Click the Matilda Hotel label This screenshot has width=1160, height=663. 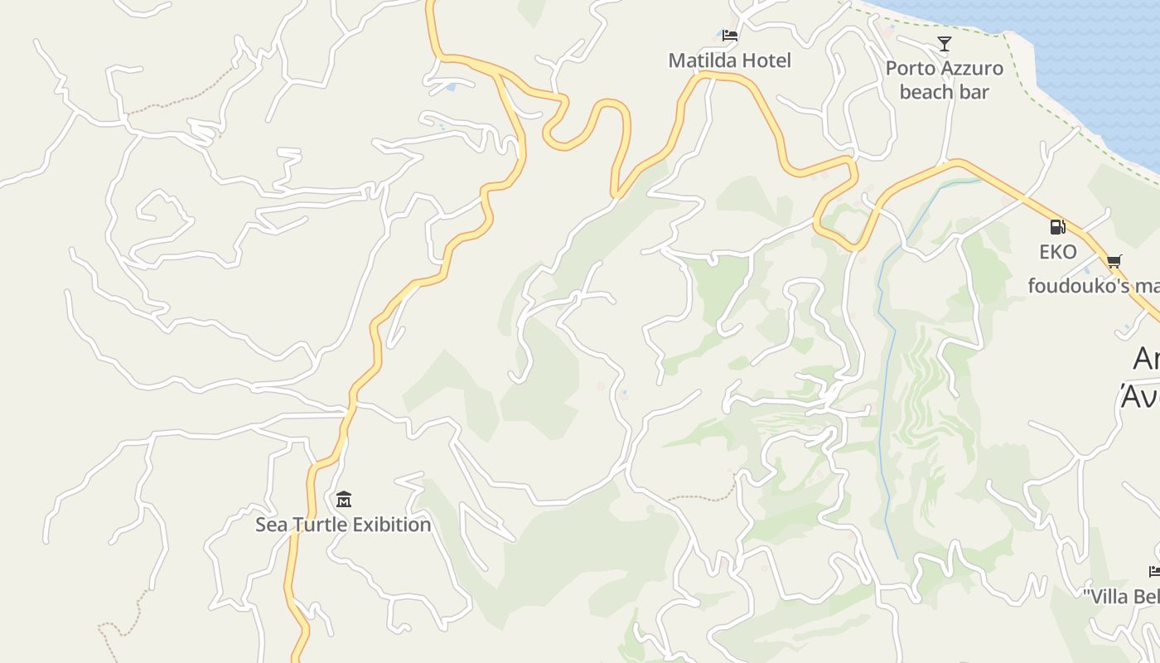click(x=729, y=60)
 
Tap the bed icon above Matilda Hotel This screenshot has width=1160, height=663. click(x=729, y=36)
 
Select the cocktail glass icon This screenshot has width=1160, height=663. click(x=944, y=44)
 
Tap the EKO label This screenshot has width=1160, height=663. click(x=1058, y=252)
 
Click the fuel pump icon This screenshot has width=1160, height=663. click(x=1057, y=226)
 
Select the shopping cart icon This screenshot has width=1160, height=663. click(x=1114, y=262)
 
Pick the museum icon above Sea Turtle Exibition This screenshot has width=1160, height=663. click(x=344, y=499)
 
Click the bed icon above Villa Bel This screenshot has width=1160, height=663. click(x=1154, y=571)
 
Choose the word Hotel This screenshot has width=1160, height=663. click(x=767, y=60)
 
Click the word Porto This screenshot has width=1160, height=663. click(x=911, y=69)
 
